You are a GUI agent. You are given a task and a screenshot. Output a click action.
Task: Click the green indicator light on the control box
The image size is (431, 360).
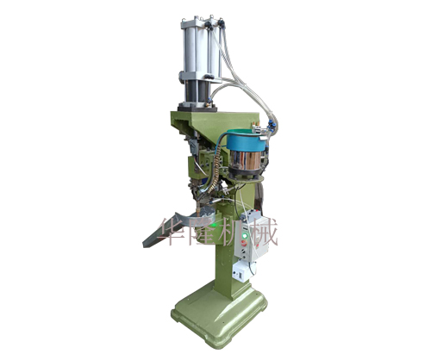pyautogui.click(x=245, y=236)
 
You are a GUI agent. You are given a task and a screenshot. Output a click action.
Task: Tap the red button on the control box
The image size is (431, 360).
pyautogui.click(x=245, y=243)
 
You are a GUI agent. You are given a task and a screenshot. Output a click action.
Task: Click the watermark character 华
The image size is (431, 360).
pyautogui.click(x=174, y=231)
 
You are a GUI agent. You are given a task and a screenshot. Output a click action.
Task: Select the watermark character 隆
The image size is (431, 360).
pyautogui.click(x=203, y=231)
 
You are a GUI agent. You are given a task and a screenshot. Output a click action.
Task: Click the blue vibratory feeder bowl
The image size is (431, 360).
pyautogui.click(x=246, y=140)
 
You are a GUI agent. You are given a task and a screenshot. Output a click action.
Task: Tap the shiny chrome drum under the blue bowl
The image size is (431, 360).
pyautogui.click(x=245, y=160)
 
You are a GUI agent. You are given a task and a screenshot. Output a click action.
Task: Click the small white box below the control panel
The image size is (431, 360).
pyautogui.click(x=240, y=272)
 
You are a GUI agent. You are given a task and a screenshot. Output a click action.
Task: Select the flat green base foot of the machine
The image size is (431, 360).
pyautogui.click(x=220, y=313)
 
